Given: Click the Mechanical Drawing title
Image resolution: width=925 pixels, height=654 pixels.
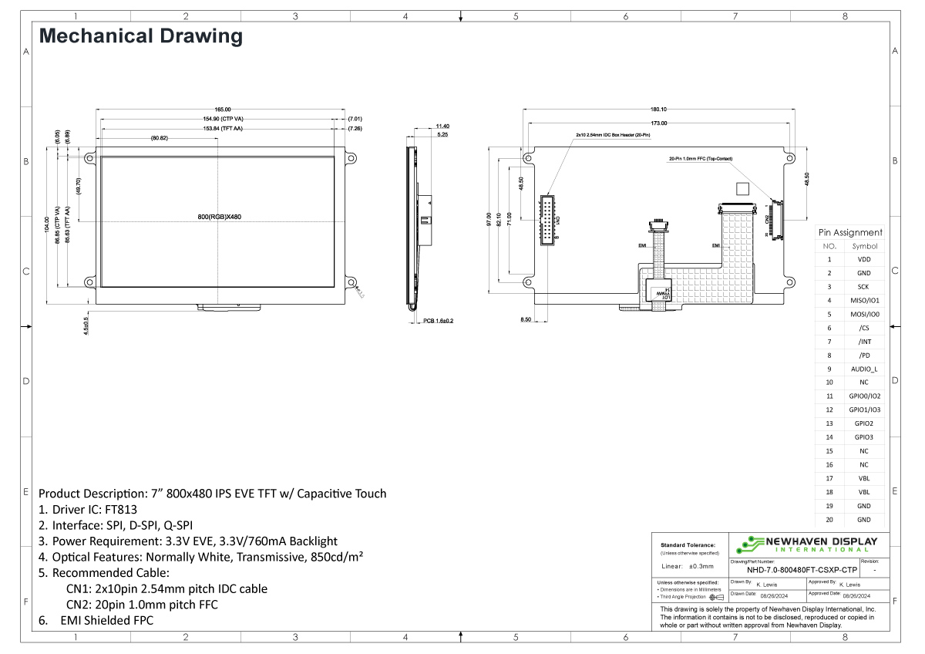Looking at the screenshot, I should click(x=140, y=35).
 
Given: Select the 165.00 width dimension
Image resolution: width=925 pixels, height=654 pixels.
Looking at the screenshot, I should click(x=222, y=110).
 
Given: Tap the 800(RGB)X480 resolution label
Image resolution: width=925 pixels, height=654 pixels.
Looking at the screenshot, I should click(x=220, y=217).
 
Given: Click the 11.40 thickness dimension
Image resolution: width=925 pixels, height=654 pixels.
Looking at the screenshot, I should click(x=442, y=126).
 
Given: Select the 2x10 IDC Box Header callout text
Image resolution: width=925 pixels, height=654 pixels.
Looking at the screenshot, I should click(x=613, y=134).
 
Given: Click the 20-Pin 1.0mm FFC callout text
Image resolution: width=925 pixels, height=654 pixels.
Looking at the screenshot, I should click(x=701, y=159).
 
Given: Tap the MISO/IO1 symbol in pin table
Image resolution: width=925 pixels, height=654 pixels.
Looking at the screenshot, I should click(x=864, y=300).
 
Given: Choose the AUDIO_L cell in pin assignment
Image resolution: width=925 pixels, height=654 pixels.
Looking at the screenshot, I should click(x=864, y=369).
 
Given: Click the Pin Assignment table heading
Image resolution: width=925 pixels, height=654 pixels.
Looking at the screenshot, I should click(x=850, y=232).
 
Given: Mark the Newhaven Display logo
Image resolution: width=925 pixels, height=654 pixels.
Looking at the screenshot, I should click(x=807, y=544).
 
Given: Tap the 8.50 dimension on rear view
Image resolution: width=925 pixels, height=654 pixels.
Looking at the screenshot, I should click(x=526, y=319).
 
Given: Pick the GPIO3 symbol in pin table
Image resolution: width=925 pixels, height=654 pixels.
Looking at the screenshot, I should click(x=864, y=437).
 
